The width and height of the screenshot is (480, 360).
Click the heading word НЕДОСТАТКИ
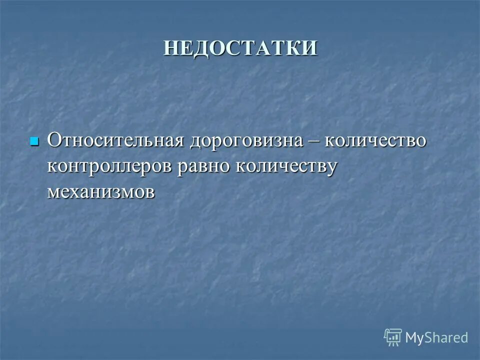pos(240,48)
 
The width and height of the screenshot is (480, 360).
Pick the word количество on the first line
pos(376,140)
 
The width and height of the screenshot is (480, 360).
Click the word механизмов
pos(101,192)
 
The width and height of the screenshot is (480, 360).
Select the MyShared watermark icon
pos(393,337)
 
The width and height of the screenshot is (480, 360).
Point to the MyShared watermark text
pos(437,337)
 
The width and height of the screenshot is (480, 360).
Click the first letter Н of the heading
pos(171,48)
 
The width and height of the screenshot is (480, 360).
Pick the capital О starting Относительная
pos(54,140)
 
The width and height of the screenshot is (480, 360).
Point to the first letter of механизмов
pos(53,193)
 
